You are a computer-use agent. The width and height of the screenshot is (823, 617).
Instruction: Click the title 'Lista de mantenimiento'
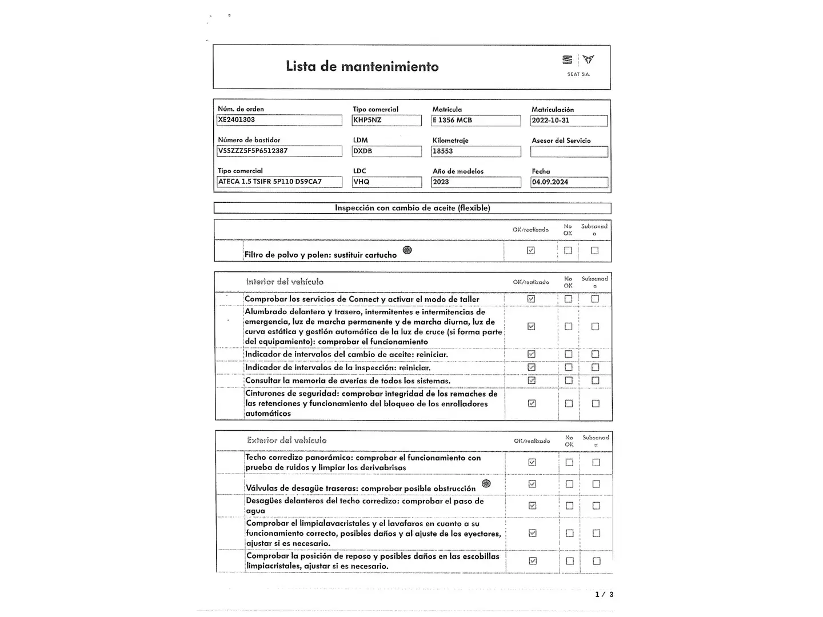(362, 67)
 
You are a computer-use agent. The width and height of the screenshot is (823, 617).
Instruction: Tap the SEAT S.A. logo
(578, 64)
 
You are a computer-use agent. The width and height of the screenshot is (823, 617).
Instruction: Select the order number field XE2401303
(279, 120)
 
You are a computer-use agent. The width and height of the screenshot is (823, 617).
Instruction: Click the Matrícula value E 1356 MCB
(476, 121)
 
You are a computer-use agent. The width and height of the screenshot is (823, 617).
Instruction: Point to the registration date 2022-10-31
(569, 121)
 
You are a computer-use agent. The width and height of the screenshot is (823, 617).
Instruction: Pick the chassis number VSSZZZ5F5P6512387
(279, 151)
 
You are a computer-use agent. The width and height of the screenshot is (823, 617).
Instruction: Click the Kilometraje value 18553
(476, 151)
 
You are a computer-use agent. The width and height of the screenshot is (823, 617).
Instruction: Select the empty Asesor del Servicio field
(569, 151)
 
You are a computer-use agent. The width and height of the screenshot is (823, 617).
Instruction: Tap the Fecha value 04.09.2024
(569, 182)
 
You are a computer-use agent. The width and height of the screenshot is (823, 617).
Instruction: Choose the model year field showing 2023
(476, 182)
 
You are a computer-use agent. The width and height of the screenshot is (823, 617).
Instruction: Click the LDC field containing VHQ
(386, 182)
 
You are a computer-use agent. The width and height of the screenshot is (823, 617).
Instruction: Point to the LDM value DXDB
(386, 151)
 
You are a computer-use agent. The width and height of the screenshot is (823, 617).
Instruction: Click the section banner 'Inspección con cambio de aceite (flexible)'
(412, 208)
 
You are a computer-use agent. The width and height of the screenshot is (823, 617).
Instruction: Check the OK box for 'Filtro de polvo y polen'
(531, 250)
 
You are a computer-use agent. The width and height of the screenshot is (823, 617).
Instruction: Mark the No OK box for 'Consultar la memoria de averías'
(568, 380)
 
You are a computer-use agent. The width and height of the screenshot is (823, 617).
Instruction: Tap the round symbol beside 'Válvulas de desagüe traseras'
(486, 484)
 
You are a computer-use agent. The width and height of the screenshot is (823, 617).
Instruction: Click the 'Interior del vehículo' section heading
(285, 282)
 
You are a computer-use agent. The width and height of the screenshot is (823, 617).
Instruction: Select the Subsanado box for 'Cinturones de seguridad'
(596, 403)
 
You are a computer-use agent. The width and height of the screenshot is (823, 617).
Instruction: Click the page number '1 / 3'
(604, 595)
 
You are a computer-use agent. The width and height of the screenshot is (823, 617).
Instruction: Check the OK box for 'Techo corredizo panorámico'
(532, 462)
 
